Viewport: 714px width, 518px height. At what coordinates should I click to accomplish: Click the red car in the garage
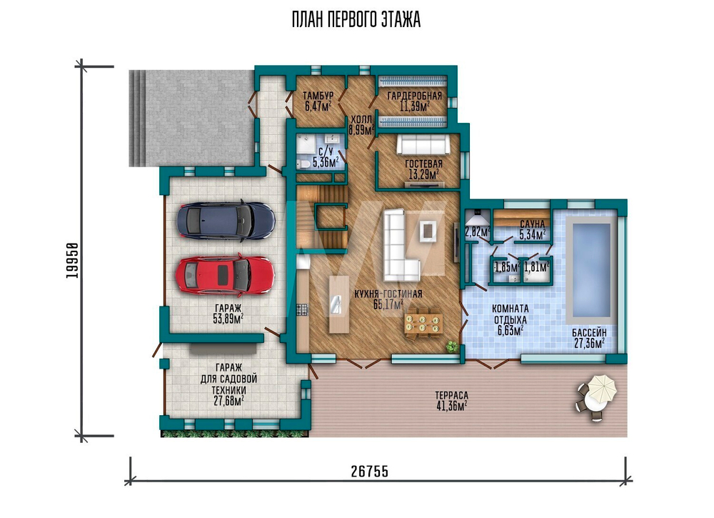pyautogui.click(x=226, y=274)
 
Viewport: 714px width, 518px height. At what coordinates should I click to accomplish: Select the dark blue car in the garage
pyautogui.click(x=226, y=220)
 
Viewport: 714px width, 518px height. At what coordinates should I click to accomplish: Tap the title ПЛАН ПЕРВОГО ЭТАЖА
pyautogui.click(x=356, y=20)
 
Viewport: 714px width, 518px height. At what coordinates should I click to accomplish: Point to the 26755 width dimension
pyautogui.click(x=370, y=471)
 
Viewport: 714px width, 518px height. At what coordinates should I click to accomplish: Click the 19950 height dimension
pyautogui.click(x=73, y=260)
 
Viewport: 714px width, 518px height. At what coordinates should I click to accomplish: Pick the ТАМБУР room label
pyautogui.click(x=318, y=96)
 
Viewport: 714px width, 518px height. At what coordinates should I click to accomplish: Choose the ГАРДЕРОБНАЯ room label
pyautogui.click(x=414, y=96)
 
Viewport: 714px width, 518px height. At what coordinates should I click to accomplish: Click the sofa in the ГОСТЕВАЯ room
pyautogui.click(x=423, y=145)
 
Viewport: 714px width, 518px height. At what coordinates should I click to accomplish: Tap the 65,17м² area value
pyautogui.click(x=388, y=305)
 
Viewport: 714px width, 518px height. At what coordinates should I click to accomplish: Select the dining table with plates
pyautogui.click(x=423, y=323)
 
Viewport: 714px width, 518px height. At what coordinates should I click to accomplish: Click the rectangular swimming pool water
pyautogui.click(x=591, y=270)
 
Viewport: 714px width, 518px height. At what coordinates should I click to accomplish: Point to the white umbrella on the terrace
pyautogui.click(x=601, y=387)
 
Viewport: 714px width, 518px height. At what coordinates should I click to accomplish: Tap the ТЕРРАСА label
pyautogui.click(x=451, y=396)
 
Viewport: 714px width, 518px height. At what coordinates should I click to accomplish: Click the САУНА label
pyautogui.click(x=533, y=224)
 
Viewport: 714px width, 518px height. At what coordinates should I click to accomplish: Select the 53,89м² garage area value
pyautogui.click(x=228, y=319)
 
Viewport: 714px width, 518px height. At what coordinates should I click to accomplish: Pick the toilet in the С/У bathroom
pyautogui.click(x=303, y=164)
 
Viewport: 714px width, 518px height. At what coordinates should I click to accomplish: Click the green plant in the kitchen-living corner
pyautogui.click(x=452, y=347)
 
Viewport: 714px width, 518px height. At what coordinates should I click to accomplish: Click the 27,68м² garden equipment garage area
pyautogui.click(x=228, y=401)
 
